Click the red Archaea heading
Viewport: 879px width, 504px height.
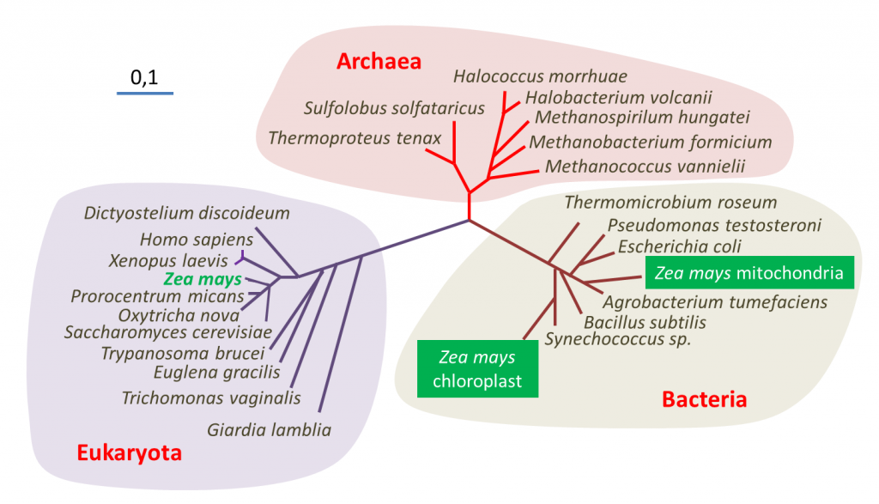tap(379, 62)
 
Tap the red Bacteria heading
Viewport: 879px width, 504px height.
tap(704, 399)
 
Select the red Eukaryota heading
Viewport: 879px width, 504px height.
tap(130, 453)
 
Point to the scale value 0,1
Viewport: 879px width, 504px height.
tap(145, 76)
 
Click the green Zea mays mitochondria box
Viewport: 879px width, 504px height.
tap(749, 274)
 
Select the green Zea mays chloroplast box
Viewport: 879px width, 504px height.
tap(477, 368)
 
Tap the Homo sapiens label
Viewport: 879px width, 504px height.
tap(197, 240)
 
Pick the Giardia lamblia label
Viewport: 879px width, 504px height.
tap(269, 430)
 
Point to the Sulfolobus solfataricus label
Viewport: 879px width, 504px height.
tap(394, 108)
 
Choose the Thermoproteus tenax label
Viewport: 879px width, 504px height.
tap(355, 137)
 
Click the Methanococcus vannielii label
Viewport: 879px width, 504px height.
tap(645, 166)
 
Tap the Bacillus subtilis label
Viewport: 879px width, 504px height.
tap(645, 323)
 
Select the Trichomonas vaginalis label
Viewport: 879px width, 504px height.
tap(211, 398)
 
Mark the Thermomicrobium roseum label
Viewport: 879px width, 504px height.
tap(670, 203)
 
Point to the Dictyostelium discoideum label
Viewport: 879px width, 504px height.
tap(187, 213)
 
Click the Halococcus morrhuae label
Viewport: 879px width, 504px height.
tap(540, 76)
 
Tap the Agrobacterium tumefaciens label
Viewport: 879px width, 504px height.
tap(715, 301)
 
